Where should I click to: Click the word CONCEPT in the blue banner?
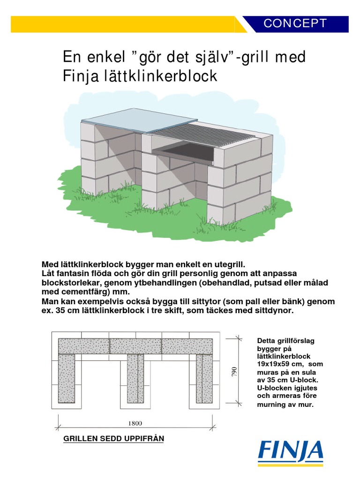click(x=295, y=23)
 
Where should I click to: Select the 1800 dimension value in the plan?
click(x=135, y=423)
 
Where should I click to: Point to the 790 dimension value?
click(x=234, y=372)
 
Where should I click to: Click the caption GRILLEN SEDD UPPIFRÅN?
click(x=113, y=439)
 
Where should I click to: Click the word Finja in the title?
click(x=81, y=76)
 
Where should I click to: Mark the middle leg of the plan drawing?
click(x=135, y=379)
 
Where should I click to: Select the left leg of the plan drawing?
click(x=67, y=379)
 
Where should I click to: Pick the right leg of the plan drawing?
click(x=204, y=379)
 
